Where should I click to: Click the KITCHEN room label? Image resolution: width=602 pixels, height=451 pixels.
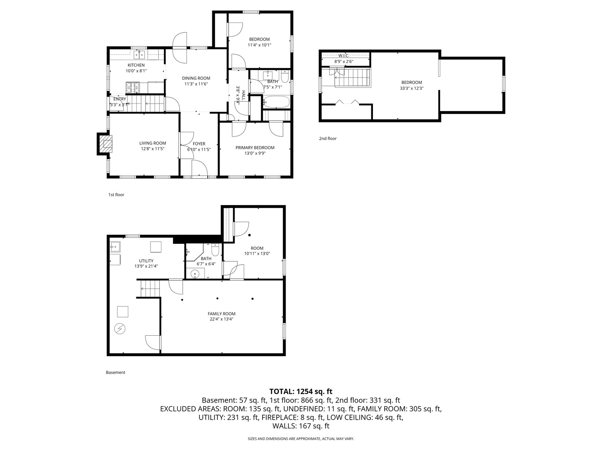click(136, 65)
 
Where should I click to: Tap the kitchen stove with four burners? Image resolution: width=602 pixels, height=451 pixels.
click(133, 87)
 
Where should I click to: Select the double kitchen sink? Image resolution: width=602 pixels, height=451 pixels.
click(139, 54)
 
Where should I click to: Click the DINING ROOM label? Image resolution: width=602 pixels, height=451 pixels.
click(196, 79)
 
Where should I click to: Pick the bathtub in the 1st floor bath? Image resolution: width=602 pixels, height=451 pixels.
click(276, 102)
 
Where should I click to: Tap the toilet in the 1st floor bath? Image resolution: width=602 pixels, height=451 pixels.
click(285, 76)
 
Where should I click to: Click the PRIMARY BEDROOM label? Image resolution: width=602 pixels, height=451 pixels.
click(255, 147)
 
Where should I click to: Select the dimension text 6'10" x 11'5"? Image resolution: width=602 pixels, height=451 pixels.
click(199, 149)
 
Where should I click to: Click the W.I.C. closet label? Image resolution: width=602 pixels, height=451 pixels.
click(344, 56)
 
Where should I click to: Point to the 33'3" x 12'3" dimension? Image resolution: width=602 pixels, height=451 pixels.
click(412, 88)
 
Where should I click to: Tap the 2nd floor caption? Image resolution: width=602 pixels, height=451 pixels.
click(327, 139)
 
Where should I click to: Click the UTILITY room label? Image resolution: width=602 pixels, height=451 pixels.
click(146, 261)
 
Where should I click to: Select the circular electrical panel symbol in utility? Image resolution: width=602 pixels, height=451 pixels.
click(120, 329)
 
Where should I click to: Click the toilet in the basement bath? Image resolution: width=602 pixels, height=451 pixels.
click(215, 250)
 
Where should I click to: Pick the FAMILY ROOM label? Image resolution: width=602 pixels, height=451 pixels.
click(221, 314)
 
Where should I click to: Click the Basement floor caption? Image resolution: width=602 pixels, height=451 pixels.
click(115, 372)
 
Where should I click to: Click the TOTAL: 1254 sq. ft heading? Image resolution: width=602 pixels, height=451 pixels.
click(301, 391)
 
